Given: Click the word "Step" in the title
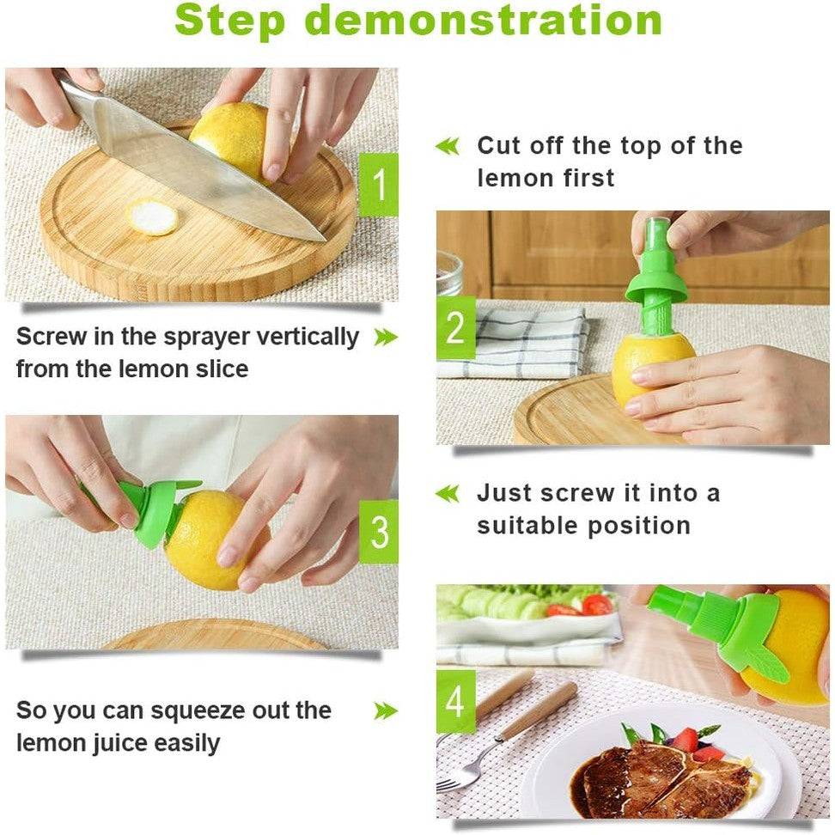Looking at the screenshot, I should point(231,21).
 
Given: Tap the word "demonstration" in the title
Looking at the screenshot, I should point(484,21).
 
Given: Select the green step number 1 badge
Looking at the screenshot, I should point(378,184).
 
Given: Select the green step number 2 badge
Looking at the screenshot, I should point(455,328).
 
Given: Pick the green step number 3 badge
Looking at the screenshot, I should point(378,532).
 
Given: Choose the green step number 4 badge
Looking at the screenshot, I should point(455,702).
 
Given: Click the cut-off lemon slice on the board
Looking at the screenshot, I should point(152,216).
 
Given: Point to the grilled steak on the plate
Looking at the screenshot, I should point(657,777).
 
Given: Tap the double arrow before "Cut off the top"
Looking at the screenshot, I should point(447,146).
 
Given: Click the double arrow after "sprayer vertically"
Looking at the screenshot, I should point(386,338).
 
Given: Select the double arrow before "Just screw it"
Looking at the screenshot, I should point(447,494).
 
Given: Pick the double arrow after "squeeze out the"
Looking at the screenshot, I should point(386,711).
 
